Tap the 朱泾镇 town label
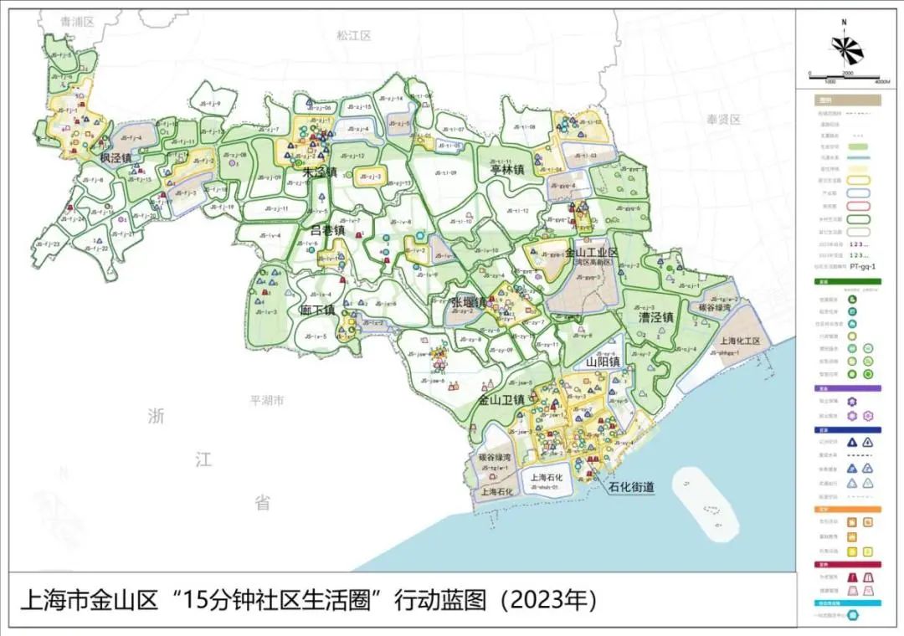(x=319, y=172)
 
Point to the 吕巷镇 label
(x=327, y=229)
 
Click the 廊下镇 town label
(x=317, y=310)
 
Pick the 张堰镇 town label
(x=469, y=302)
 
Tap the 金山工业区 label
(x=591, y=252)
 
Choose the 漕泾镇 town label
(x=657, y=318)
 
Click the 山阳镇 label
(x=603, y=362)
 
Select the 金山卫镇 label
(x=501, y=400)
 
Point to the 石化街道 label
(x=632, y=486)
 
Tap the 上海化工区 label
(x=739, y=341)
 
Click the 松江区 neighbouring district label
(x=353, y=35)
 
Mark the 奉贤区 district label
(x=724, y=120)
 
